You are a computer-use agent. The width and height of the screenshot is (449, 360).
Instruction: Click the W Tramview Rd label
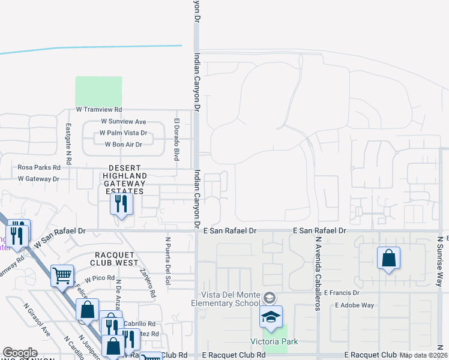coord(99,110)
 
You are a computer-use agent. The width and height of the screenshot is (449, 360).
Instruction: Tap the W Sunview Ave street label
coord(124,122)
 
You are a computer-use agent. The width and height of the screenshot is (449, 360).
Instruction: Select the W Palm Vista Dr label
coord(123,133)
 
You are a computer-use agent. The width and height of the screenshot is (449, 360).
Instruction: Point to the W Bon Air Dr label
coord(123,145)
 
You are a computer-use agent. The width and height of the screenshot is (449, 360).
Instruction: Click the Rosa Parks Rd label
coord(40,168)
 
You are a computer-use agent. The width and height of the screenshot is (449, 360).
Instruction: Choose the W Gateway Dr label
coord(39,179)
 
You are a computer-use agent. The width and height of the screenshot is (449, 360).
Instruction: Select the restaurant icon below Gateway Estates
coord(121,205)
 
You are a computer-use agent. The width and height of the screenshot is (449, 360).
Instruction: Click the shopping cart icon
coord(62,277)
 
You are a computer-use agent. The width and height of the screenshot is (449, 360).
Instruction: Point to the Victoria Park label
coord(274,342)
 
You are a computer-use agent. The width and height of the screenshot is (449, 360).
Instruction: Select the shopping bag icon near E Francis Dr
coord(388,259)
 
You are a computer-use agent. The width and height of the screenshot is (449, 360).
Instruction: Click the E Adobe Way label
coord(355,305)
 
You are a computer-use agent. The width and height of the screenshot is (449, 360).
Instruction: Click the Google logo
coord(20,353)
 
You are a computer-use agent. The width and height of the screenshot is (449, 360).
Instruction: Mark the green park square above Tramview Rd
coord(98,91)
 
